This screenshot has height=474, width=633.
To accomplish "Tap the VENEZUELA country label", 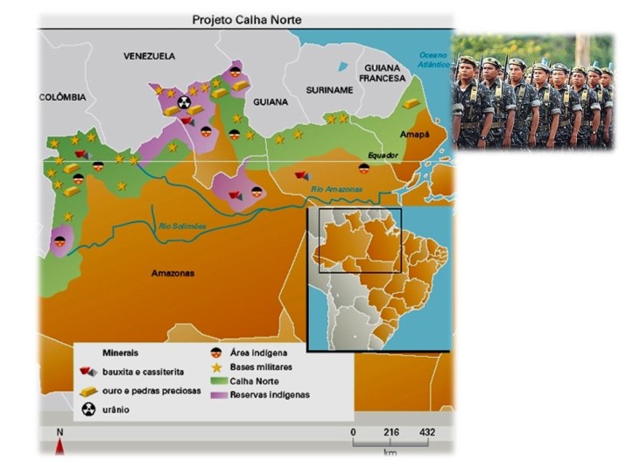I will pyautogui.click(x=149, y=56).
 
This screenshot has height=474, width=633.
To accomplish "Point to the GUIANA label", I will pyautogui.click(x=271, y=102).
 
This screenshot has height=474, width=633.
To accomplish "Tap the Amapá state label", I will pyautogui.click(x=415, y=134).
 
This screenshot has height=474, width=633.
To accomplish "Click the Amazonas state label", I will pyautogui.click(x=172, y=273).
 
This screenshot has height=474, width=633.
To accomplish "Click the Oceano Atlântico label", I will pyautogui.click(x=433, y=59).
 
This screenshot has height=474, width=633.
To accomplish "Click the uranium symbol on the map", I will pyautogui.click(x=183, y=102).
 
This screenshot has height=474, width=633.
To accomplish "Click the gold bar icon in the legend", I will pyautogui.click(x=89, y=391).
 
